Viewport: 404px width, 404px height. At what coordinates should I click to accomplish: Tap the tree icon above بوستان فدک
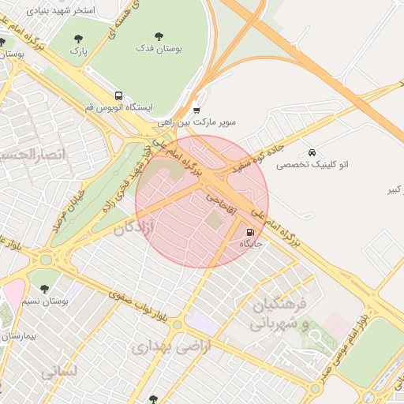click(x=159, y=36)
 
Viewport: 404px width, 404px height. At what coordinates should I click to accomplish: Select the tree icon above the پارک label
click(x=77, y=39)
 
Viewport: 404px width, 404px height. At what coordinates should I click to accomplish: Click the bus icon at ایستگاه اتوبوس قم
click(x=118, y=95)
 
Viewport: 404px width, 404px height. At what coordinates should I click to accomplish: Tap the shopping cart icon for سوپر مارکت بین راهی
click(x=196, y=110)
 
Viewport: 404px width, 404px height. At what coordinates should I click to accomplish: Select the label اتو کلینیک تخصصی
click(x=312, y=166)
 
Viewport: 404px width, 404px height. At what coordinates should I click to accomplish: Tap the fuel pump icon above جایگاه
click(x=250, y=233)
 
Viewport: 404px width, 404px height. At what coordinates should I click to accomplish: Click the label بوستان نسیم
click(x=39, y=301)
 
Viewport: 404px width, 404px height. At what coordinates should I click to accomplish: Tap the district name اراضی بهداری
click(x=172, y=346)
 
